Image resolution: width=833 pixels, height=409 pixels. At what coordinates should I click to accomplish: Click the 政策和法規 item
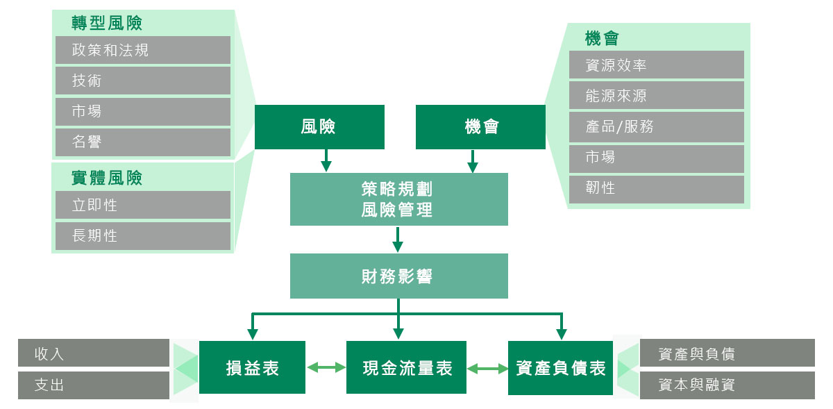(x=142, y=50)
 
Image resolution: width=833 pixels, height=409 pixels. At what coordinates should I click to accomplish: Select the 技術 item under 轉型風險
(x=142, y=81)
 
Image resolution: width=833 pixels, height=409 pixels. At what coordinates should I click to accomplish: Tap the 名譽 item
(x=142, y=142)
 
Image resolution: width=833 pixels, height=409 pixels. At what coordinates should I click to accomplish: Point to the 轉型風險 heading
(x=107, y=23)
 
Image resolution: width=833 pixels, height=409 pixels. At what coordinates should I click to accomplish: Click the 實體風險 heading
(x=107, y=178)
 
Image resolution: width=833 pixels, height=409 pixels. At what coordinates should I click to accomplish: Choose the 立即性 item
(x=142, y=205)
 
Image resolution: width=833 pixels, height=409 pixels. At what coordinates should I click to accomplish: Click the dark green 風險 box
(x=319, y=126)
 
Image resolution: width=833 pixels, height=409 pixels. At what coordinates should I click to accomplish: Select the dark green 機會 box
(x=480, y=126)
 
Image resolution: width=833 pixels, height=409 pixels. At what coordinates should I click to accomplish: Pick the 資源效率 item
(x=656, y=65)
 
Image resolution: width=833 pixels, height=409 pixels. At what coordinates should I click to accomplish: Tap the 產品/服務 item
(x=656, y=126)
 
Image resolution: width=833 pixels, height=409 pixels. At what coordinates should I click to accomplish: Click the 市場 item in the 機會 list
(x=656, y=158)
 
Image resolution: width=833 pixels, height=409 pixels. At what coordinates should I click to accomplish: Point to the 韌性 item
(x=656, y=188)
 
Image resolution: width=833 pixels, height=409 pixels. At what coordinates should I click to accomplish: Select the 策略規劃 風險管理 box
(x=398, y=199)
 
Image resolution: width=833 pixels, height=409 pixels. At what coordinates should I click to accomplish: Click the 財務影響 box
(x=398, y=276)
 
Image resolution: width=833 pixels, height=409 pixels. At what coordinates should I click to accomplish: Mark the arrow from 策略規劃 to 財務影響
(x=398, y=239)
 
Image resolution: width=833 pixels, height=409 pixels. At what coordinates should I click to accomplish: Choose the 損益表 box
(x=252, y=368)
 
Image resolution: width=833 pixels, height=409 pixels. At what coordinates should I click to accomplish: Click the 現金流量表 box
(x=406, y=368)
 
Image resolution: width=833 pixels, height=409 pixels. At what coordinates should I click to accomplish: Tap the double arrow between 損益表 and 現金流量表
(x=326, y=367)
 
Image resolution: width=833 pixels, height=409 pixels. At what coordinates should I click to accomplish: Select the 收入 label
(x=93, y=353)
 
